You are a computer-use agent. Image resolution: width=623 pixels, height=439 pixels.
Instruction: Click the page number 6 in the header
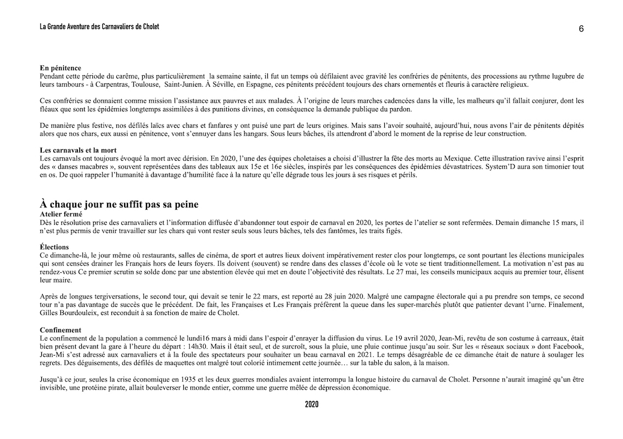(581, 29)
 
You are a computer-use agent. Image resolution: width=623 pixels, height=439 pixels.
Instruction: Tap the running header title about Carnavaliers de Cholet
(99, 26)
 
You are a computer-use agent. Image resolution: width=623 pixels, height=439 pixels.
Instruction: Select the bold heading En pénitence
(60, 68)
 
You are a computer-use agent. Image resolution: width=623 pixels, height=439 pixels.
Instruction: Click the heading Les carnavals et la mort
(78, 150)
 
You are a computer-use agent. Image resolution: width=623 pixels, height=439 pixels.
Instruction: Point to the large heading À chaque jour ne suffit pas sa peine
(119, 204)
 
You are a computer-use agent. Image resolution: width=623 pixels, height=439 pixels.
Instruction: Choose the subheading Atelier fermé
(61, 213)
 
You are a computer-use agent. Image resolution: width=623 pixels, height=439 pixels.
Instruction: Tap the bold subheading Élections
(54, 247)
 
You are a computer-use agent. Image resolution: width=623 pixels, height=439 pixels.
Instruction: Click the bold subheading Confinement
(60, 330)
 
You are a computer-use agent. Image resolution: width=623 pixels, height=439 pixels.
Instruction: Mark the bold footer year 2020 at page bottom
(311, 404)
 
